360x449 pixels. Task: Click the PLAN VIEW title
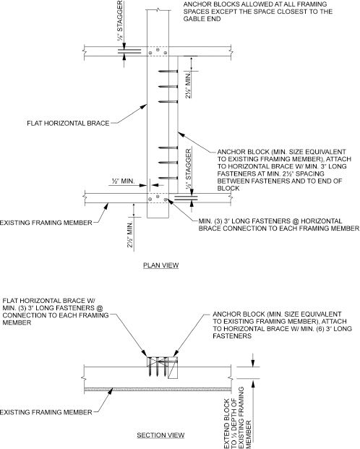coord(161,265)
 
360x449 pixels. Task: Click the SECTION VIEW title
coord(160,435)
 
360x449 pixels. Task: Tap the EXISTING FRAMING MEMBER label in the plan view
coord(46,223)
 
